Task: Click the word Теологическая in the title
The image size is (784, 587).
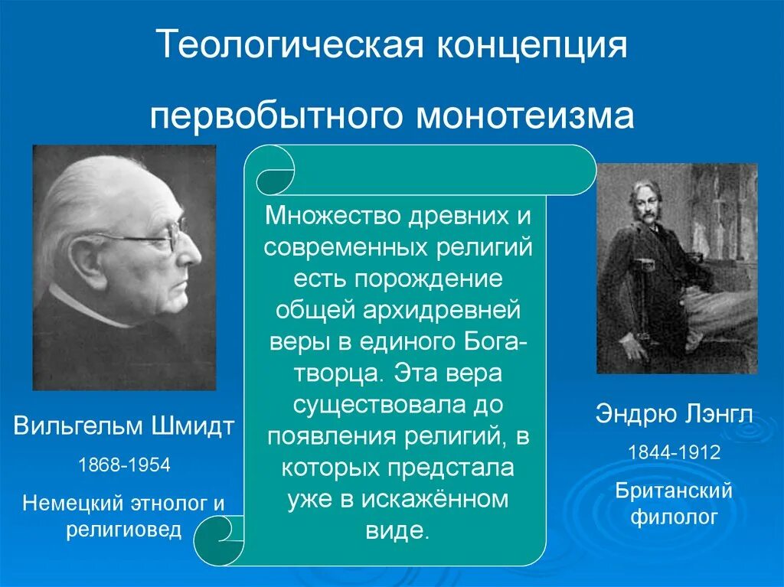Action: pos(289,47)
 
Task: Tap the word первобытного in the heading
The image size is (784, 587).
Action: pos(274,116)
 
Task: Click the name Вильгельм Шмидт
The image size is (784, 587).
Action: pos(124,426)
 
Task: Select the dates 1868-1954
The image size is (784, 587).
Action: pos(124,465)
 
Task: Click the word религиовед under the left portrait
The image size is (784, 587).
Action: pos(124,530)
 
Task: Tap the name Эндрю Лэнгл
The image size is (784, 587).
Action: pos(674,416)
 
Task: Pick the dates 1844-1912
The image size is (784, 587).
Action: pos(674,452)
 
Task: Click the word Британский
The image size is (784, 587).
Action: pos(674,491)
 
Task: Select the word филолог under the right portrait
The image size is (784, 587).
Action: pos(674,517)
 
